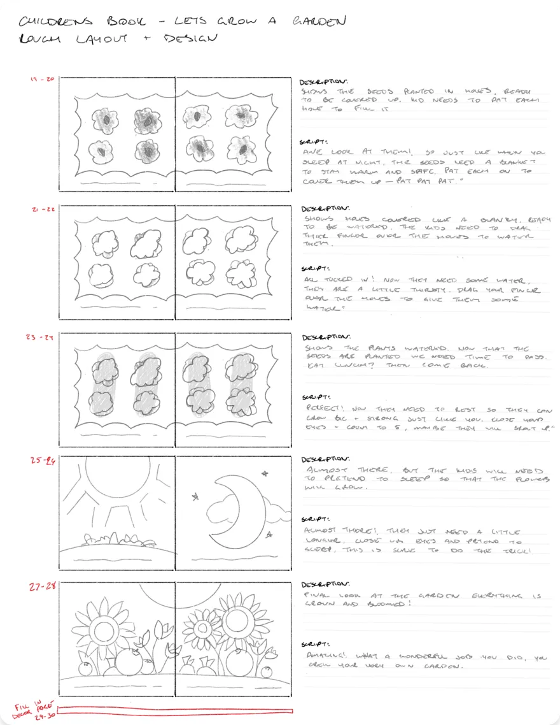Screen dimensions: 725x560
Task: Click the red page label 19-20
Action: pyautogui.click(x=42, y=80)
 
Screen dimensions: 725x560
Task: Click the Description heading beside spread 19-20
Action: pyautogui.click(x=323, y=82)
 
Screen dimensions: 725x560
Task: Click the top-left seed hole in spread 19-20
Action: pyautogui.click(x=106, y=119)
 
